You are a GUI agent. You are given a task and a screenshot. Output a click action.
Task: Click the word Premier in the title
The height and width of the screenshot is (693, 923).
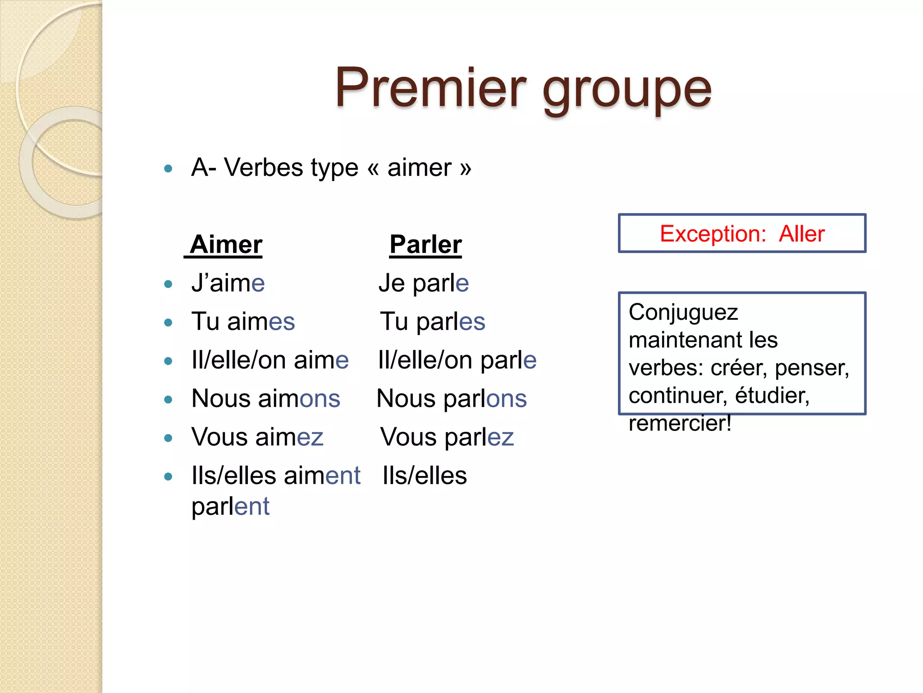click(x=430, y=88)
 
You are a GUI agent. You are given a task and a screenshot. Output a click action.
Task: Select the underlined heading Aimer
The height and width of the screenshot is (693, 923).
click(x=226, y=245)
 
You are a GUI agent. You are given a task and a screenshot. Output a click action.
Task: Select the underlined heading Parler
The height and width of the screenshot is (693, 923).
click(x=425, y=245)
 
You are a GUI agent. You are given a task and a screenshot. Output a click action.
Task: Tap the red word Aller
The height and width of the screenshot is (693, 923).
click(x=802, y=234)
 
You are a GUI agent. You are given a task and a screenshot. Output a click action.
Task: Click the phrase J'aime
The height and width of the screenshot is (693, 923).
click(x=228, y=283)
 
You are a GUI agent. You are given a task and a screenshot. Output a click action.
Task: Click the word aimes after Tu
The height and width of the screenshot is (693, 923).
click(x=261, y=322)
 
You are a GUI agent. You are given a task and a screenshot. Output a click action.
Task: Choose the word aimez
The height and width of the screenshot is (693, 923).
click(x=289, y=437)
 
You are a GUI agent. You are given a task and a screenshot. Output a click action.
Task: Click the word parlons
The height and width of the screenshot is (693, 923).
click(x=485, y=399)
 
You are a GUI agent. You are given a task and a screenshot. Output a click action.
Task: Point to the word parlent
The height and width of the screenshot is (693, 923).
click(x=230, y=506)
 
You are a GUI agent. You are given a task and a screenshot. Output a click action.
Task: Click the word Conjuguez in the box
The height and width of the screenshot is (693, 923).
click(x=683, y=312)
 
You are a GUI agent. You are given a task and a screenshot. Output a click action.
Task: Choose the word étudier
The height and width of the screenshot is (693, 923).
click(x=772, y=396)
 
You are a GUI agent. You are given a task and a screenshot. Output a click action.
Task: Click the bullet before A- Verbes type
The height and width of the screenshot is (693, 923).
click(x=169, y=169)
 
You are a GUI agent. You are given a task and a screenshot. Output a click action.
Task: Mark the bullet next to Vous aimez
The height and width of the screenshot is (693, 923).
click(x=169, y=438)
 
